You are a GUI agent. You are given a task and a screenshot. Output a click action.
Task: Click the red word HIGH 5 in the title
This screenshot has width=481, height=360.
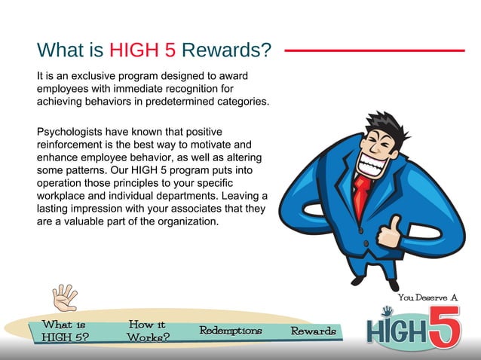(142, 50)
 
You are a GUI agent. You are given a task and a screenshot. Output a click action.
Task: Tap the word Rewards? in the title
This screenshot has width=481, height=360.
(227, 50)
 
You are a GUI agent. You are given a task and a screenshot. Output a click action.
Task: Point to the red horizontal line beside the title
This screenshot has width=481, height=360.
(374, 50)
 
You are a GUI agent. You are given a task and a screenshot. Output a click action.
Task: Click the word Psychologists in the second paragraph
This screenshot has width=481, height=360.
(70, 132)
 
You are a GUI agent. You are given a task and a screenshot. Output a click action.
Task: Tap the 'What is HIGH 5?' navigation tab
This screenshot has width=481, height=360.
(63, 331)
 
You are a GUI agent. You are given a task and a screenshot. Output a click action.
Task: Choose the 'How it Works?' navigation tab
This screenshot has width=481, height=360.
(148, 331)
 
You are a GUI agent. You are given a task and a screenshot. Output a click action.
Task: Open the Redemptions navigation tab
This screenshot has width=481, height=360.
(230, 331)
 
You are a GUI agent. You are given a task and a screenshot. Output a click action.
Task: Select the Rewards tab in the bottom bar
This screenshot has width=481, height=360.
(313, 331)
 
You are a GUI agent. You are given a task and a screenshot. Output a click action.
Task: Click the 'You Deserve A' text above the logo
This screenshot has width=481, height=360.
(427, 297)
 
